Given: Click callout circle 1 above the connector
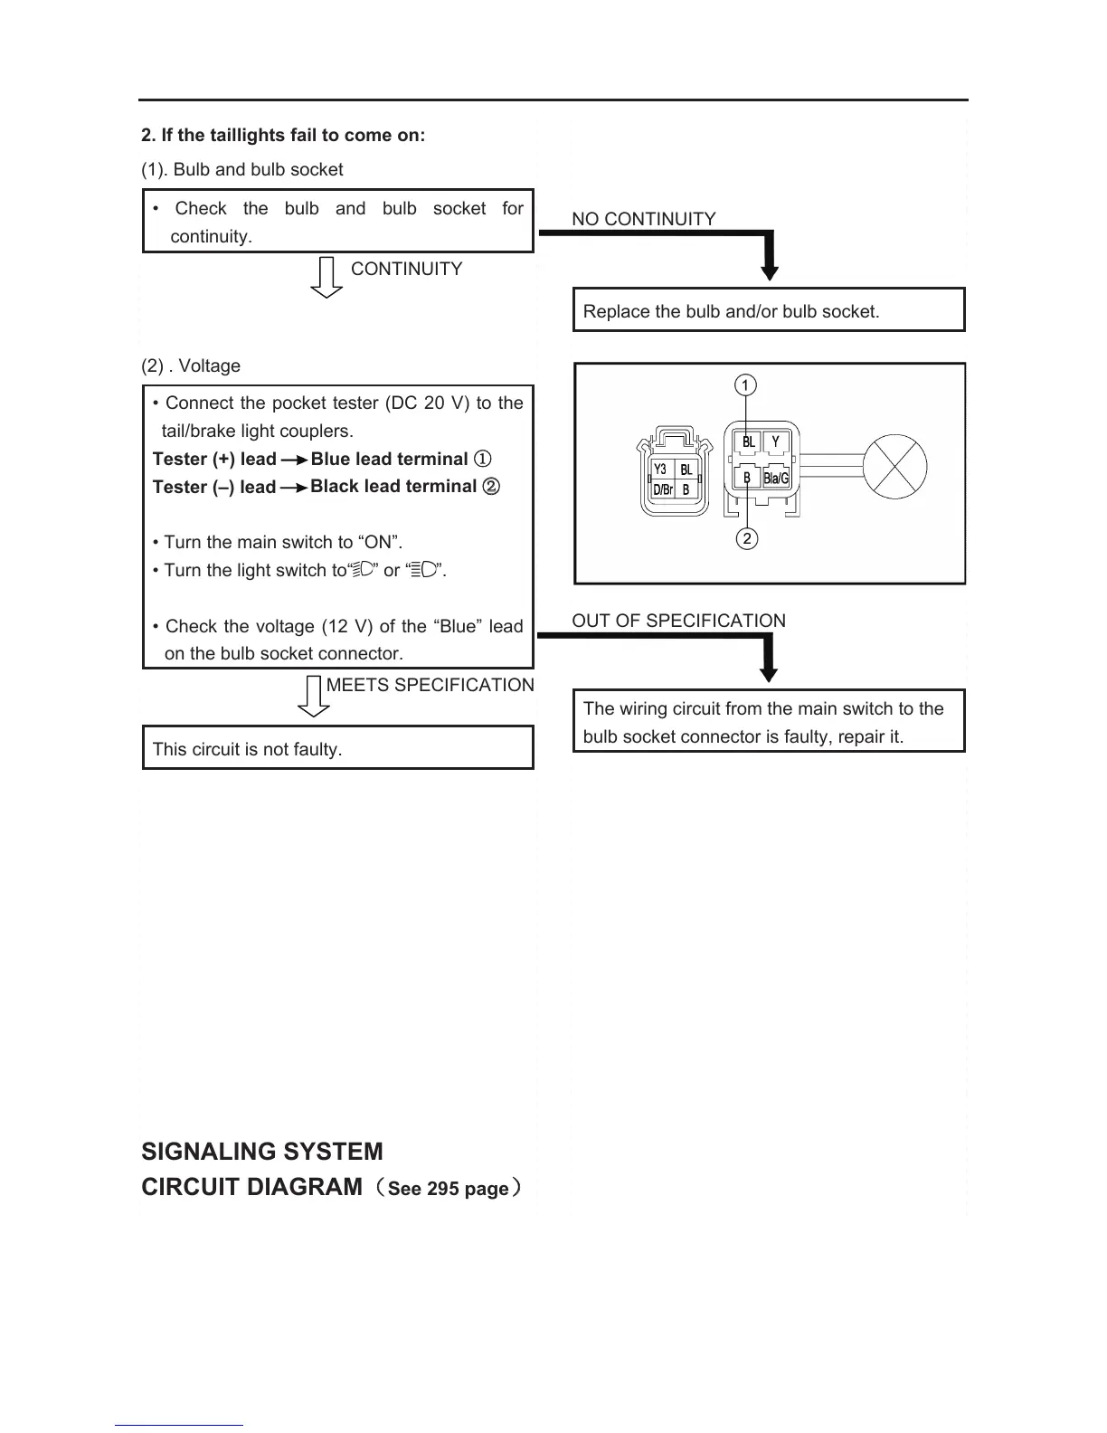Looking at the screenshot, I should coord(744,385).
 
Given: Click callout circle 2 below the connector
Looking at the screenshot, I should coord(746,539).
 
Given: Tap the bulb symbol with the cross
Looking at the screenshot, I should coord(894,467).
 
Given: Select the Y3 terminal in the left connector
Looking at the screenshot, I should coord(660,470).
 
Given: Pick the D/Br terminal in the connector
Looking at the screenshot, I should coord(662,490).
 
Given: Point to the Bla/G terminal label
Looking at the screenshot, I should coord(776,478).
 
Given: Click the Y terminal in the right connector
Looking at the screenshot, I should coord(775,442).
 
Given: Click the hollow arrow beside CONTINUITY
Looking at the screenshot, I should coord(326,277).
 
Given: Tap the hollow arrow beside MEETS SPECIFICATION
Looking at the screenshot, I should coord(314,697).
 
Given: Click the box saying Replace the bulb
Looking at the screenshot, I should coord(769,310).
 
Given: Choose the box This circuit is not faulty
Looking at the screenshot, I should coord(338,748).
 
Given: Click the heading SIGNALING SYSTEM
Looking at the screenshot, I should coord(262,1152).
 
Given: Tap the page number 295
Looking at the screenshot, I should coord(443,1189).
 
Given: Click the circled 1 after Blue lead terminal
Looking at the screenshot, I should coord(483,459).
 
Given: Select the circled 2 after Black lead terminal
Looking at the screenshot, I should coord(491,486).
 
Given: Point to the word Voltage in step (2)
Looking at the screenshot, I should coord(210,365).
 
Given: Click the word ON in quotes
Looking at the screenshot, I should coord(379,542).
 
